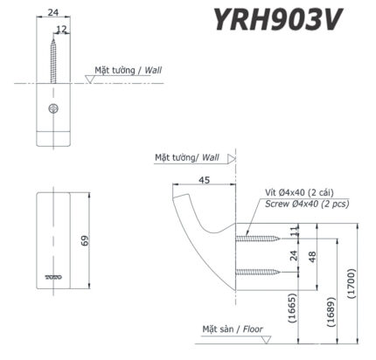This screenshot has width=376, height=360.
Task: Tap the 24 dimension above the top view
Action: pos(53,12)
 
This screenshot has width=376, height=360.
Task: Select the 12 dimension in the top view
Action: pos(61,30)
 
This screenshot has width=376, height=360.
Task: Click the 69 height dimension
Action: pos(85,241)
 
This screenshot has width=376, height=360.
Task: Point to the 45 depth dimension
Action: pos(204,182)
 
